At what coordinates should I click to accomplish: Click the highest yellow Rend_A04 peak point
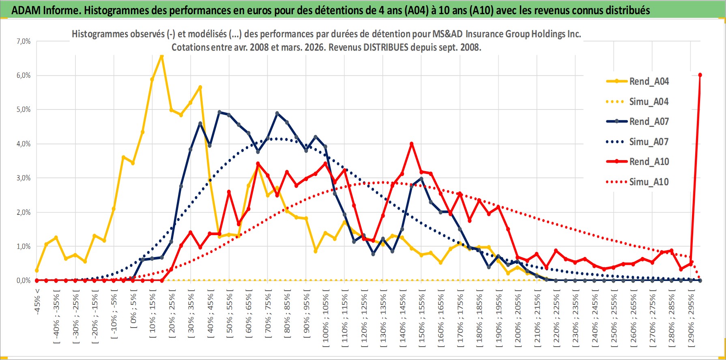pyautogui.click(x=161, y=56)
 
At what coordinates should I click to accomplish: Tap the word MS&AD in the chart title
pyautogui.click(x=447, y=34)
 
